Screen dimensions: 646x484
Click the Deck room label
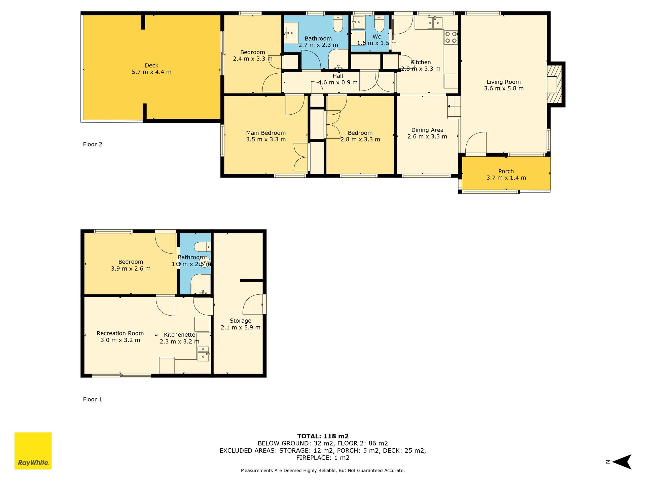(151, 66)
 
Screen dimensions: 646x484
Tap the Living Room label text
(504, 82)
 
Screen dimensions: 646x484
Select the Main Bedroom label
(266, 133)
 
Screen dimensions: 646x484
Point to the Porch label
(506, 171)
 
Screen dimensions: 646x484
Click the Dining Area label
(427, 130)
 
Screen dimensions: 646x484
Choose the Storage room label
(241, 321)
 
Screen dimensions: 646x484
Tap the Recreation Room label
(120, 333)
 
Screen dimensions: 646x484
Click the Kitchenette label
(180, 335)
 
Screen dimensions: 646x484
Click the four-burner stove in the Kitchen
(451, 38)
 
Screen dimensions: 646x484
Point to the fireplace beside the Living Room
(555, 84)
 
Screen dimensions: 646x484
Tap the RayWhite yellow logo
(33, 451)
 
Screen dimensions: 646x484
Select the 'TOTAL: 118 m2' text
(323, 437)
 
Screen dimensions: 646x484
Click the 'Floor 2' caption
(93, 145)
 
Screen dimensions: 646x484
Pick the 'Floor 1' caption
(93, 400)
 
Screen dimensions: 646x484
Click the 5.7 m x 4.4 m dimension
(151, 72)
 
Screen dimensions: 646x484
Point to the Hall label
(338, 76)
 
